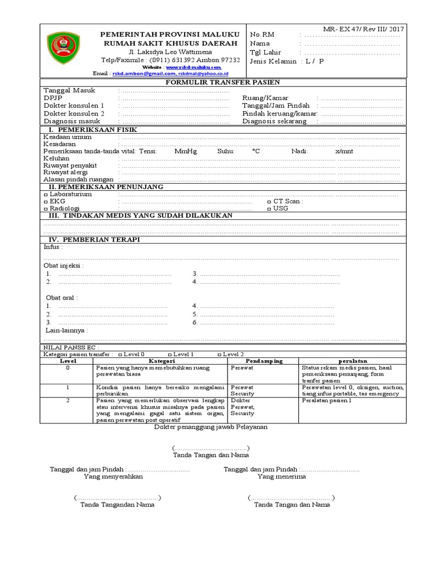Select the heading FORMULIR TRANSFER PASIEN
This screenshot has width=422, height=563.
(x=223, y=82)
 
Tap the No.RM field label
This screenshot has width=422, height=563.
(x=262, y=35)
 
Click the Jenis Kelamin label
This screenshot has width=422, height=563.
(x=273, y=62)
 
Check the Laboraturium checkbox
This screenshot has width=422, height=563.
(x=46, y=195)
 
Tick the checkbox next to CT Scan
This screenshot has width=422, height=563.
(x=269, y=202)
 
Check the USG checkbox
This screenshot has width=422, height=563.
(x=269, y=209)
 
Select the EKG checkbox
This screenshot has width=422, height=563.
(x=46, y=202)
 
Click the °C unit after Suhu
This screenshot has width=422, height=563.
(x=256, y=151)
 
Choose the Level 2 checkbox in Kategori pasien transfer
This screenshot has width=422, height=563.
(x=220, y=355)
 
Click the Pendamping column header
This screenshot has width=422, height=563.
(x=264, y=361)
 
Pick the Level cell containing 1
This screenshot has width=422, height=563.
(x=68, y=388)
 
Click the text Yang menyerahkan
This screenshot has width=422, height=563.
(x=113, y=477)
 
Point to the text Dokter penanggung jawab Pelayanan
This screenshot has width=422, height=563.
(x=210, y=427)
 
